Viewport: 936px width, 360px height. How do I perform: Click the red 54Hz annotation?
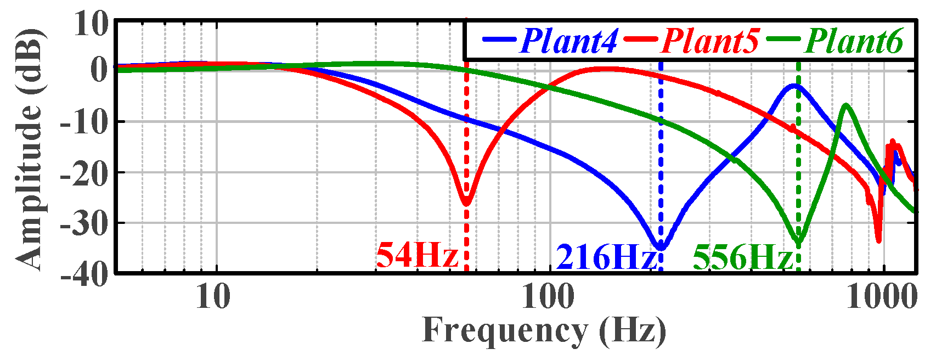[x=417, y=256]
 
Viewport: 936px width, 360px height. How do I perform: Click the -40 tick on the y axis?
[x=84, y=273]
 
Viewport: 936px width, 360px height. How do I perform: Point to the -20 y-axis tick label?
[x=84, y=172]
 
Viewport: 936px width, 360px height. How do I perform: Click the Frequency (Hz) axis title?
[x=544, y=331]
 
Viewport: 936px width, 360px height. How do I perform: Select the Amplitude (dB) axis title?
[x=27, y=148]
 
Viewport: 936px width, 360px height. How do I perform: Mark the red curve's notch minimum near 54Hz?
[x=466, y=203]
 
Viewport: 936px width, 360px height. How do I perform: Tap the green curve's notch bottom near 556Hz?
[x=799, y=242]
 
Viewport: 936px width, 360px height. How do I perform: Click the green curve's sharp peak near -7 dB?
[x=847, y=105]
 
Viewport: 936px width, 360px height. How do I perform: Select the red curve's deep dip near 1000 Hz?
[x=878, y=240]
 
